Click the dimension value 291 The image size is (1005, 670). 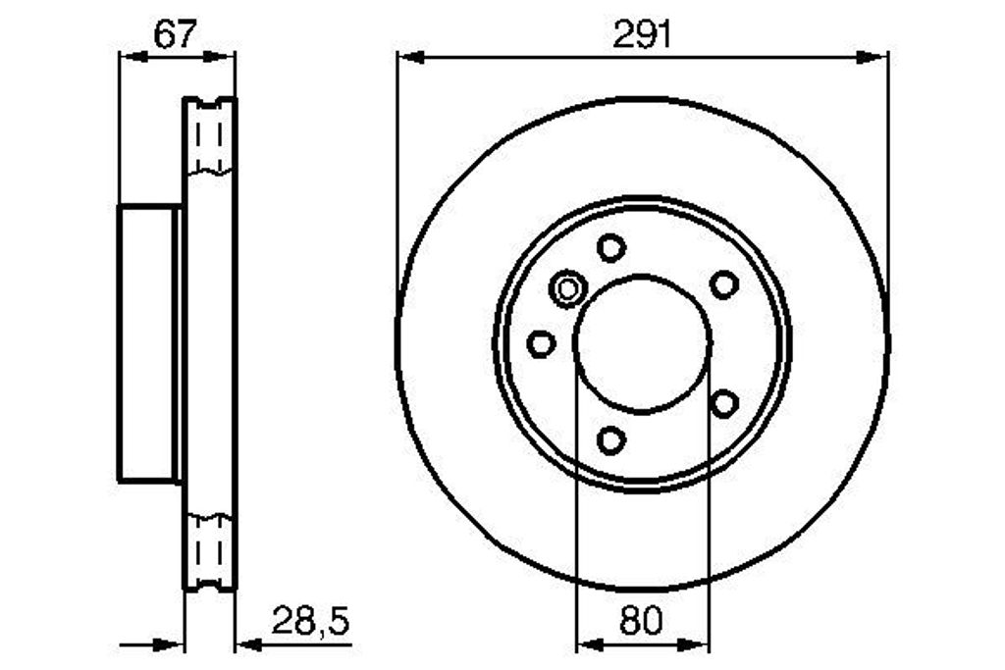pyautogui.click(x=642, y=34)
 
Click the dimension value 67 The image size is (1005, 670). pyautogui.click(x=175, y=34)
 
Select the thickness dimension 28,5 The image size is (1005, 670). pyautogui.click(x=311, y=621)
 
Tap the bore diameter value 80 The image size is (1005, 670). pyautogui.click(x=641, y=621)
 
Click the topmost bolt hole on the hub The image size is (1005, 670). pyautogui.click(x=610, y=247)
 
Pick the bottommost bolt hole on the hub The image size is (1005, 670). pyautogui.click(x=610, y=440)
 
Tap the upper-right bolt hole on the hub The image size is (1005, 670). pyautogui.click(x=724, y=284)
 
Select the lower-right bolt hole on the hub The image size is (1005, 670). pyautogui.click(x=724, y=403)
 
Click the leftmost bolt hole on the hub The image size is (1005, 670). pyautogui.click(x=541, y=343)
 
